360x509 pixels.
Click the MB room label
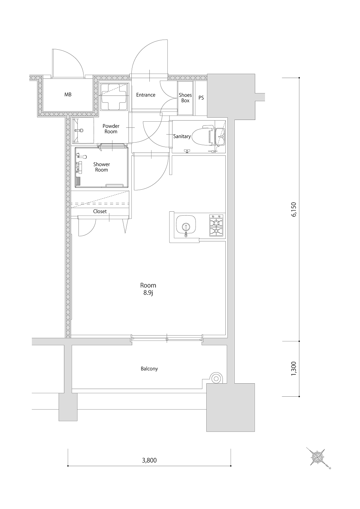point(68,95)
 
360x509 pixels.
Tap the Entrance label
point(146,95)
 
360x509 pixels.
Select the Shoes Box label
point(185,98)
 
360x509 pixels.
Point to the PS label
point(201,98)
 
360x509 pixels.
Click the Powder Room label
point(111,129)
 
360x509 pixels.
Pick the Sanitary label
point(182,136)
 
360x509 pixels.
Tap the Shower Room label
point(102,167)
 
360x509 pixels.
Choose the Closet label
point(100,211)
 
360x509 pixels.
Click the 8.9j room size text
point(148,293)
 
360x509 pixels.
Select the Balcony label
point(149,369)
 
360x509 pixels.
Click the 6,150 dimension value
point(294,209)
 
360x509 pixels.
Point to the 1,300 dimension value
point(294,369)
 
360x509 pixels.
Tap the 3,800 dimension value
point(149,460)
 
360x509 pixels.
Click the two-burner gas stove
point(216,225)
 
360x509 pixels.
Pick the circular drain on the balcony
point(216,379)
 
